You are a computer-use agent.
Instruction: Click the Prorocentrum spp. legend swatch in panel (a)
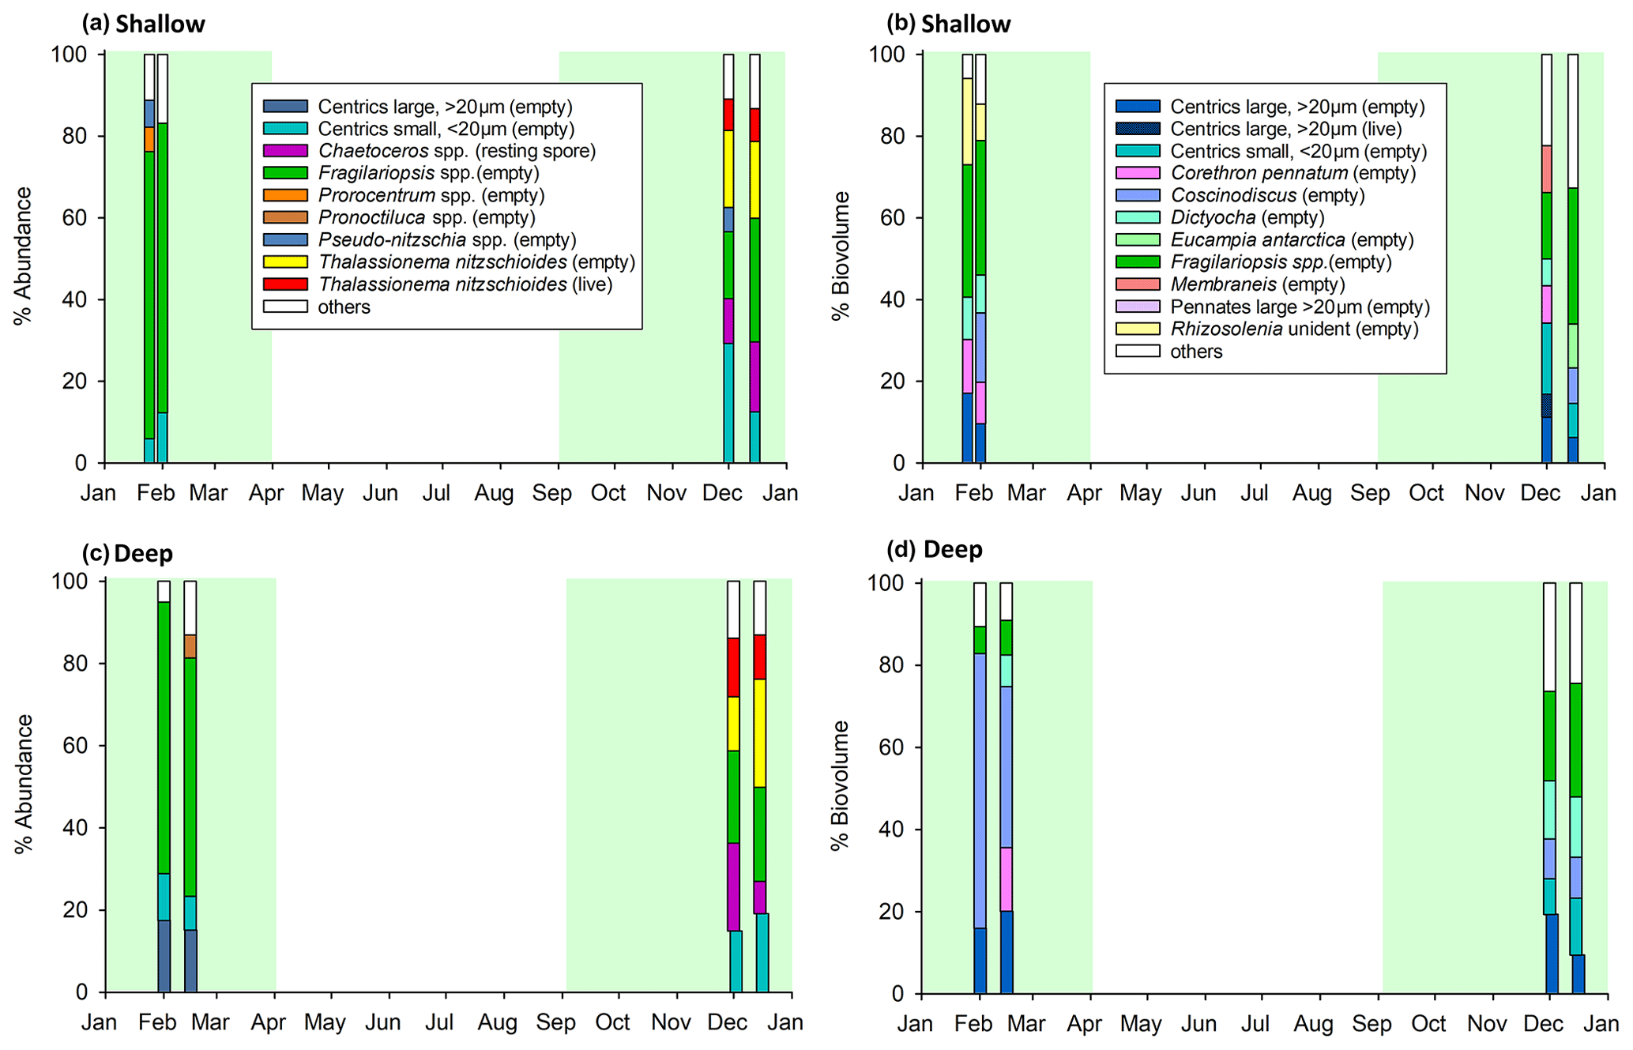[285, 195]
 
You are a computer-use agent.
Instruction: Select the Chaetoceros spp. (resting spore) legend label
[457, 151]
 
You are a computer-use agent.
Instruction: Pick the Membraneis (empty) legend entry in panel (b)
[1257, 284]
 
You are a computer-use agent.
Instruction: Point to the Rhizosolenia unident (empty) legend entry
[1294, 329]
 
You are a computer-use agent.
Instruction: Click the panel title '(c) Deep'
[127, 554]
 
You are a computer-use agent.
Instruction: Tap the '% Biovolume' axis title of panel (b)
[841, 257]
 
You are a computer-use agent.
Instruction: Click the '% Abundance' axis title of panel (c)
[24, 784]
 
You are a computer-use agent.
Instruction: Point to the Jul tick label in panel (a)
[436, 494]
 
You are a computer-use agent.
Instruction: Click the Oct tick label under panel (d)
[1428, 1024]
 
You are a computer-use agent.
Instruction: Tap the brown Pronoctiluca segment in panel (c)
[190, 646]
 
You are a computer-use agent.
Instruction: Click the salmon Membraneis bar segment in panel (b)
[1546, 169]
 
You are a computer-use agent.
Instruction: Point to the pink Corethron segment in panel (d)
[1006, 879]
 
